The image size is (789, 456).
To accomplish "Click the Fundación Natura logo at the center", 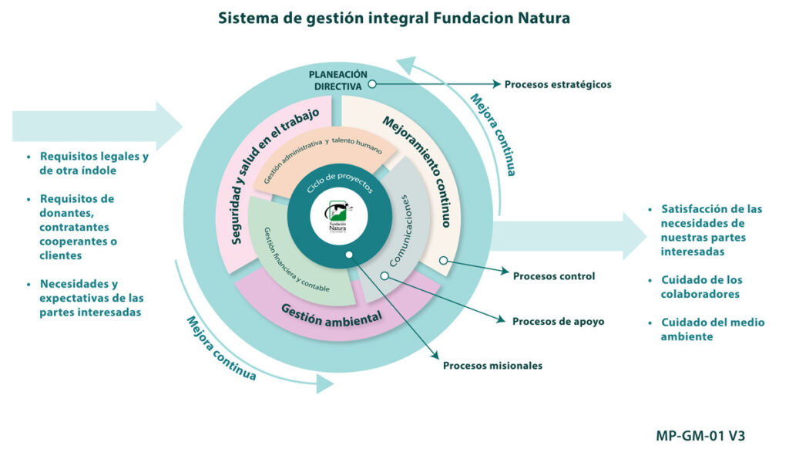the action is tap(337, 216).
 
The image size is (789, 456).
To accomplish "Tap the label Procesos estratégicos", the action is tap(558, 84).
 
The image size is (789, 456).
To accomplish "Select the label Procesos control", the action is tap(553, 276).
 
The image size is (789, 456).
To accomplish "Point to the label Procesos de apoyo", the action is tap(558, 322).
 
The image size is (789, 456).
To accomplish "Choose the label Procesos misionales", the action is tap(492, 365).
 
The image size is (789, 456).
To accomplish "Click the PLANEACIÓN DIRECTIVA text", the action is tap(338, 80).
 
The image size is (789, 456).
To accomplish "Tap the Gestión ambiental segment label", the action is tap(331, 316).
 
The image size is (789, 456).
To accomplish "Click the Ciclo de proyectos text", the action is tap(340, 182).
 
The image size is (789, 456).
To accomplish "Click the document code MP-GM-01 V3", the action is tap(700, 435).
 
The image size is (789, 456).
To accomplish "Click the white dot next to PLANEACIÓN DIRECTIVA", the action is tap(372, 84).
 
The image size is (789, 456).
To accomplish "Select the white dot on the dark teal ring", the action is tap(349, 255).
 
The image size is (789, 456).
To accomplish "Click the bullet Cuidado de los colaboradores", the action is tap(701, 287).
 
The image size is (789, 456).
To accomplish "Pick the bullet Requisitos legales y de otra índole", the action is tap(89, 164).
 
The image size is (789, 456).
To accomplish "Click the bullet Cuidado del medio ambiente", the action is tap(707, 329).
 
